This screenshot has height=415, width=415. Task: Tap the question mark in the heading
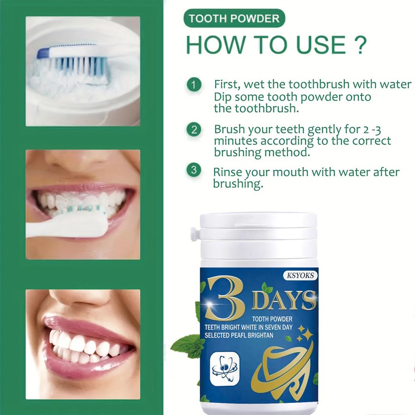pos(358,45)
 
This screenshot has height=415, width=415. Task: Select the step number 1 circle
pos(194,86)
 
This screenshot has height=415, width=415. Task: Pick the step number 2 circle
pos(194,130)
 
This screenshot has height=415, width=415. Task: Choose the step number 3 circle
pos(194,169)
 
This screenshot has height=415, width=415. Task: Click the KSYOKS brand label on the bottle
pos(300,276)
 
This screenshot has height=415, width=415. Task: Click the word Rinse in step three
pos(227,172)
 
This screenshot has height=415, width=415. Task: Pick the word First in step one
pos(227,85)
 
